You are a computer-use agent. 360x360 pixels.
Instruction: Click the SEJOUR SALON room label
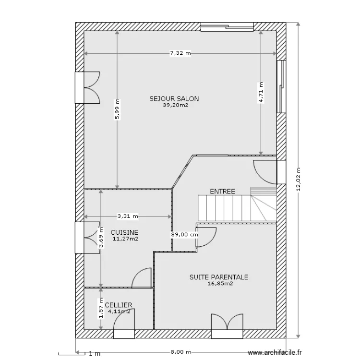[x=174, y=99]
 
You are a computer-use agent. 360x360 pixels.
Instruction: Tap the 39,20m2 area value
[x=175, y=105]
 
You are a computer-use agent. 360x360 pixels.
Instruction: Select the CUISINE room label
[x=124, y=232]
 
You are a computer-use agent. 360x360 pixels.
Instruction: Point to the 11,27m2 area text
[x=125, y=239]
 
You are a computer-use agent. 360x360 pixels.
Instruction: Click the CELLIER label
[x=119, y=305]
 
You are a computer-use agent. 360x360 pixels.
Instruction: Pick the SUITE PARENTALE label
[x=219, y=277]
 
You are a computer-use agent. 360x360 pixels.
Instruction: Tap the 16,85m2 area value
[x=220, y=284]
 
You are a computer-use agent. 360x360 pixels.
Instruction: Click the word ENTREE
[x=222, y=191]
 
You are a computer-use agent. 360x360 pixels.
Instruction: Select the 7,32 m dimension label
[x=180, y=53]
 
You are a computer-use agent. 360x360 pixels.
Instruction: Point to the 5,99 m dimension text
[x=117, y=109]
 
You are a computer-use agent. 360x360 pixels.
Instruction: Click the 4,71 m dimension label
[x=261, y=92]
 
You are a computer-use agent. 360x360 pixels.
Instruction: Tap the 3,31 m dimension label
[x=128, y=216]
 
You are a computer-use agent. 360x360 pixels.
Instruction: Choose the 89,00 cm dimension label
[x=184, y=235]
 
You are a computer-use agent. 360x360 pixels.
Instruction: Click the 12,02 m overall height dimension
[x=298, y=179]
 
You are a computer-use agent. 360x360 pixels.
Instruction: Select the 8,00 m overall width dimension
[x=180, y=352]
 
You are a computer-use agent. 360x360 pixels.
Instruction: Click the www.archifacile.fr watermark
[x=275, y=352]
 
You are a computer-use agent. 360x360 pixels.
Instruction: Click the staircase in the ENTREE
[x=237, y=204]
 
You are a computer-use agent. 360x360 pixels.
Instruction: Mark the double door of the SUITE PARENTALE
[x=227, y=326]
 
